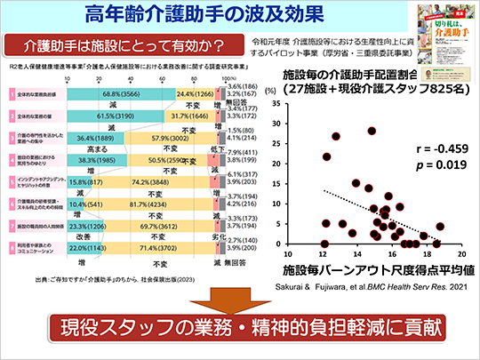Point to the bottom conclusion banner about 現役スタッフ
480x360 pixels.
pyautogui.click(x=240, y=333)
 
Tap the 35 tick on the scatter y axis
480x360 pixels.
pyautogui.click(x=276, y=104)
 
